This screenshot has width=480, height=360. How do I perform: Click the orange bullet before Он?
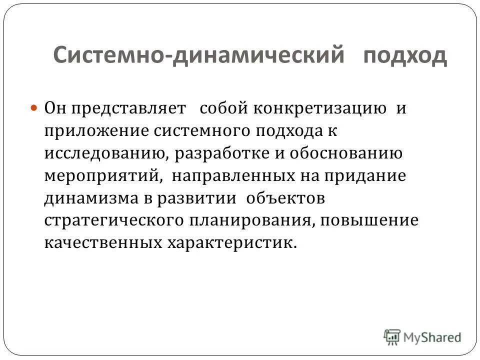[34, 107]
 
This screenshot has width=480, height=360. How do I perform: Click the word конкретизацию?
[322, 108]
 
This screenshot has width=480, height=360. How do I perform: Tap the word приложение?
[98, 130]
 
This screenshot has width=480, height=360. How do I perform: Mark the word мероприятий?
[102, 175]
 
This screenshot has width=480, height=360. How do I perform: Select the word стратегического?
[119, 220]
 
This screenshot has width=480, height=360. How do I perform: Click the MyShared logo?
[423, 336]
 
